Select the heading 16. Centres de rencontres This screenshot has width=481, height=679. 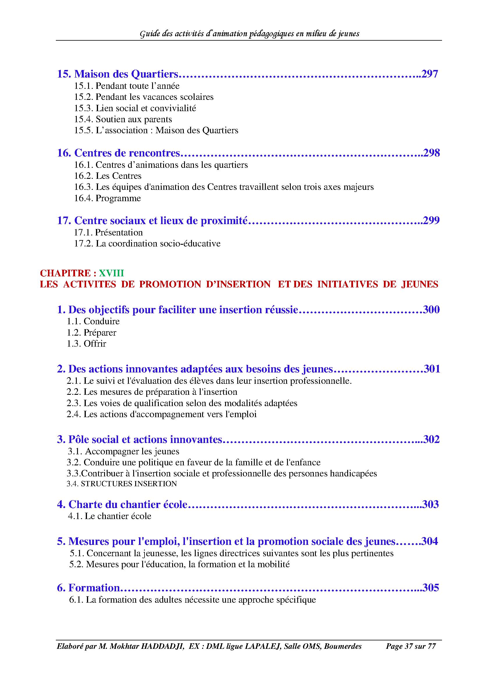[118, 153]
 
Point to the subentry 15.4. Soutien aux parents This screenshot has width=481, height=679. [123, 119]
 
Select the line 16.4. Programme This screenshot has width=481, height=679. [107, 198]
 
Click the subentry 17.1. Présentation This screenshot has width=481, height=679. [108, 233]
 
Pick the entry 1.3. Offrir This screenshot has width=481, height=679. [86, 344]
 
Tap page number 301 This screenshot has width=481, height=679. [432, 369]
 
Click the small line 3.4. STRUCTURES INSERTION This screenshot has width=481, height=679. [122, 484]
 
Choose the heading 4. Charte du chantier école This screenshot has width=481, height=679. [122, 504]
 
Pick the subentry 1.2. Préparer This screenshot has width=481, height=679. [91, 332]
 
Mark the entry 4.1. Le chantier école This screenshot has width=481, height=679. [110, 516]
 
